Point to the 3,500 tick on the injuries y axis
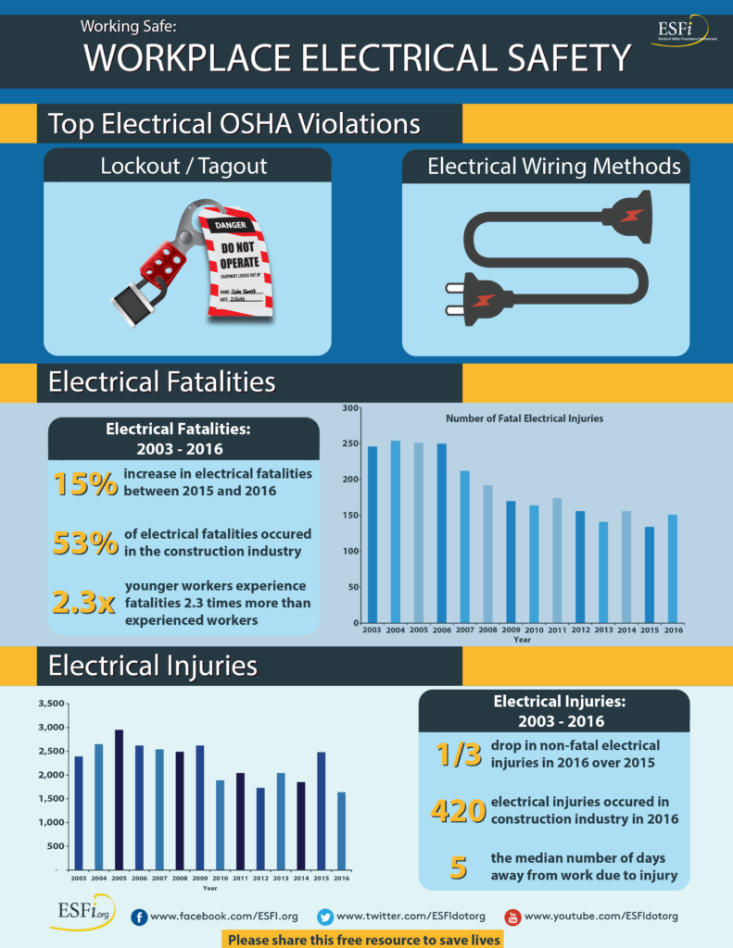coord(50,704)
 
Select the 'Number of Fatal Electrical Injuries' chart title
coord(524,418)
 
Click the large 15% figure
coord(84,484)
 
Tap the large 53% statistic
coord(84,543)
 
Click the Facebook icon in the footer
coord(139,917)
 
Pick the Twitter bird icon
coord(325,917)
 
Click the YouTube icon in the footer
coord(512,917)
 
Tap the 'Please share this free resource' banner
coord(364,939)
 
